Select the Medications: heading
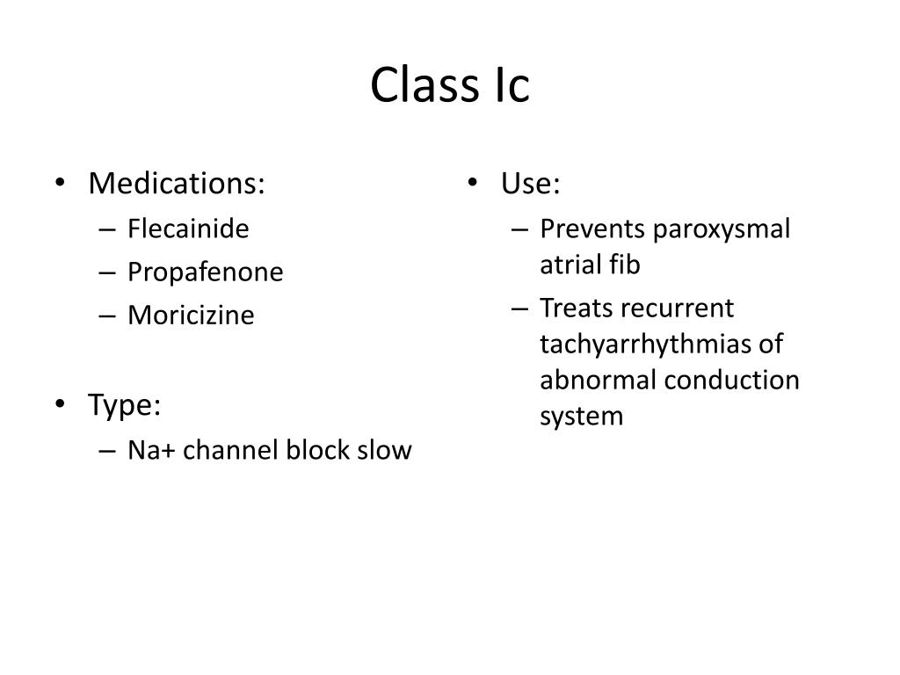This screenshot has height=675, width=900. point(176,184)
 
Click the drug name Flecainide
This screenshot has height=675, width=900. point(188,229)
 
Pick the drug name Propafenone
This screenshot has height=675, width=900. point(206,272)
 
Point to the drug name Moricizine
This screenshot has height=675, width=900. point(191,316)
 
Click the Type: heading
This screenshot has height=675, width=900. point(125,406)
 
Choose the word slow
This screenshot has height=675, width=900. point(384,451)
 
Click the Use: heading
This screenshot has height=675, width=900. point(531,184)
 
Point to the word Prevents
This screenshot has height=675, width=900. point(593,229)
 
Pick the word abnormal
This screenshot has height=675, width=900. point(599,381)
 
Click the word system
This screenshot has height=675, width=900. point(581,417)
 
